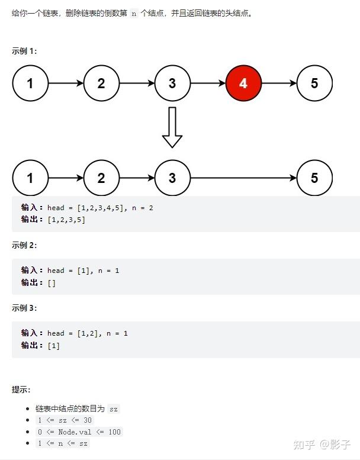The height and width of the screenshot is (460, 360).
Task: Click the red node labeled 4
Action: click(243, 83)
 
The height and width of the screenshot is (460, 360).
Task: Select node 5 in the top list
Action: click(314, 83)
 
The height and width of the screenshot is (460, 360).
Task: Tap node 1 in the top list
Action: click(30, 83)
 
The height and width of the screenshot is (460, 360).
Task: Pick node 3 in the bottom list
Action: click(172, 178)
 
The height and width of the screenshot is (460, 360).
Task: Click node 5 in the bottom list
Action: click(314, 178)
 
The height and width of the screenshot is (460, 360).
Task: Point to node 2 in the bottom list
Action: click(101, 178)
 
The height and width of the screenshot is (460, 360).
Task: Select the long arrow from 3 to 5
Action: click(243, 178)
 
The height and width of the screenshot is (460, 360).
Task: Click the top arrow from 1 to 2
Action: click(66, 83)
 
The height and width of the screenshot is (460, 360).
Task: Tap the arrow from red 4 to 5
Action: click(278, 83)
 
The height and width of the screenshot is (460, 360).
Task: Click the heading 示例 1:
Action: click(24, 51)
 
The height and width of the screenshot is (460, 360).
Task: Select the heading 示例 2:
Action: click(24, 245)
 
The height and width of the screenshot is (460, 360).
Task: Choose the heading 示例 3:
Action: click(24, 308)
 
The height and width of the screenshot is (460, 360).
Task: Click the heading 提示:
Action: click(21, 390)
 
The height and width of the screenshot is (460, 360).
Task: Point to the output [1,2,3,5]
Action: click(66, 220)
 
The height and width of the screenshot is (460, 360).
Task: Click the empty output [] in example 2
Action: click(52, 282)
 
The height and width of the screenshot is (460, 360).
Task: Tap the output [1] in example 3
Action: click(53, 345)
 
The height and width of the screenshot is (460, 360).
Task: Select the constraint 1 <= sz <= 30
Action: click(65, 420)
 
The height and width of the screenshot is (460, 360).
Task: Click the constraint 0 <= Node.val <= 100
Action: click(78, 432)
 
